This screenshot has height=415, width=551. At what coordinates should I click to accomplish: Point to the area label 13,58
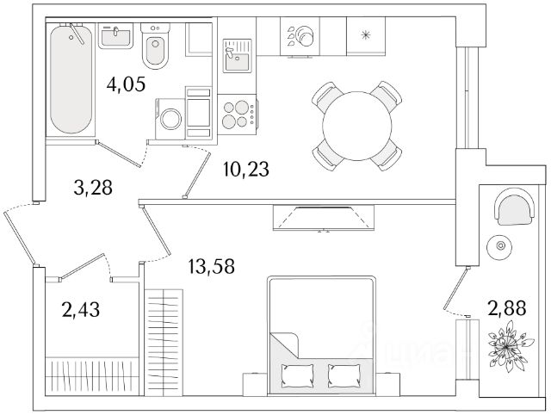211,263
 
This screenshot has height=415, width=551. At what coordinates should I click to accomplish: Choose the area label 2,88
506,307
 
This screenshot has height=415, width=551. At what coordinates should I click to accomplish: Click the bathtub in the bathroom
71,79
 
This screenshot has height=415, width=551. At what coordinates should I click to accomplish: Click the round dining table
358,125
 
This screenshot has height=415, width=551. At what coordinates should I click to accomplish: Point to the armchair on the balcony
513,209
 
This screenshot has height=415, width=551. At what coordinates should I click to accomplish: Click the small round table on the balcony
499,247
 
